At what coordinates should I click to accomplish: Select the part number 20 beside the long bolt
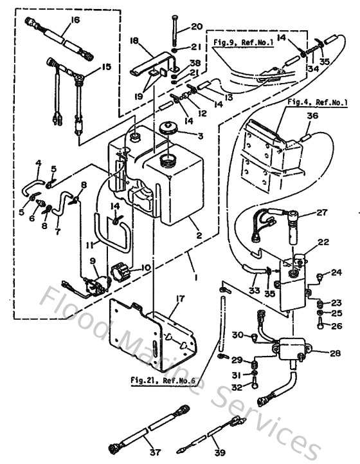pyautogui.click(x=197, y=26)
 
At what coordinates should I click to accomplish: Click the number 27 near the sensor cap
pyautogui.click(x=321, y=212)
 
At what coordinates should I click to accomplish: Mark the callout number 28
pyautogui.click(x=335, y=353)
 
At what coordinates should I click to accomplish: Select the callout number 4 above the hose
pyautogui.click(x=39, y=163)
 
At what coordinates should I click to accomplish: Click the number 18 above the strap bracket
pyautogui.click(x=134, y=40)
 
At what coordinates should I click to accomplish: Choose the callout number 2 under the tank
pyautogui.click(x=200, y=236)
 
